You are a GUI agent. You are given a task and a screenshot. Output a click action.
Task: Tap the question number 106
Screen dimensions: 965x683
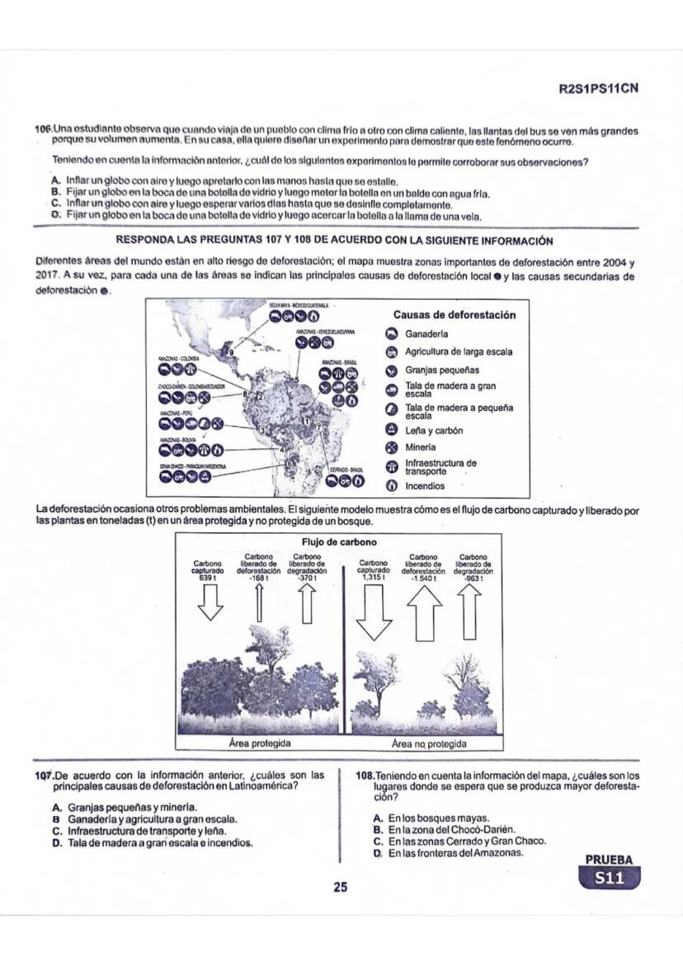point(43,130)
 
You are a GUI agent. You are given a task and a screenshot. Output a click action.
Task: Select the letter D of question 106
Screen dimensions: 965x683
point(55,215)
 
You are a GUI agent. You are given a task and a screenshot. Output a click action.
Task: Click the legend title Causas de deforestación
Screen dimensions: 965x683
point(455,315)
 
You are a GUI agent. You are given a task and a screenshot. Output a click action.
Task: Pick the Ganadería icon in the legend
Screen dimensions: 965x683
point(392,335)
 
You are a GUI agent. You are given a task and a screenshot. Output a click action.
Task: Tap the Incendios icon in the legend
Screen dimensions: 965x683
point(392,486)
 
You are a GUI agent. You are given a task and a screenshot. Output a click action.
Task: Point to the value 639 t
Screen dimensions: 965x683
point(213,578)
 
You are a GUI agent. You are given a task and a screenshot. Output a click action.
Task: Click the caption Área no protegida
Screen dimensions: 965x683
point(429,743)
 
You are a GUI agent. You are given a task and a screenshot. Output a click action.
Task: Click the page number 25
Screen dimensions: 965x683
point(341,888)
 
